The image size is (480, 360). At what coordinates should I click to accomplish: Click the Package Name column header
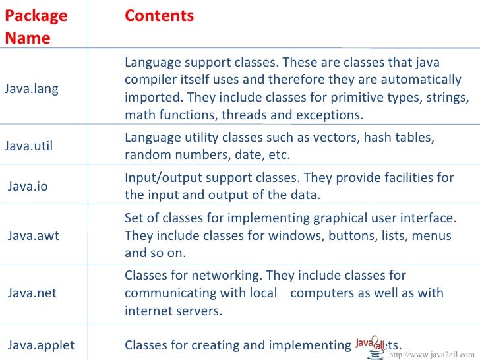(x=36, y=26)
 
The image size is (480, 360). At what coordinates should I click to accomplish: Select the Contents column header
(x=159, y=16)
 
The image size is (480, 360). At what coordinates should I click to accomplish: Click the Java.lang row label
(x=31, y=89)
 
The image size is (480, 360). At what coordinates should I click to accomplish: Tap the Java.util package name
(x=29, y=146)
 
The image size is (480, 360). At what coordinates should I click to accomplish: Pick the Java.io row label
(x=28, y=187)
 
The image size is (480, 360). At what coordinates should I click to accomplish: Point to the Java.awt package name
(x=33, y=235)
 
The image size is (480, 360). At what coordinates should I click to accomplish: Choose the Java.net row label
(x=32, y=293)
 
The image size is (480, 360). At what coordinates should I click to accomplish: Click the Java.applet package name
(x=41, y=345)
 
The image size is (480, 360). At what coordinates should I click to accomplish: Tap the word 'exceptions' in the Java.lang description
(x=332, y=115)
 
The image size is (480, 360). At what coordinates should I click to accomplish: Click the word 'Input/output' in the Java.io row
(x=157, y=178)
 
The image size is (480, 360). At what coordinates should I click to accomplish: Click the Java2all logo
(x=371, y=343)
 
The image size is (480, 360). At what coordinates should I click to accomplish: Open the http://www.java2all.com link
(x=432, y=355)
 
